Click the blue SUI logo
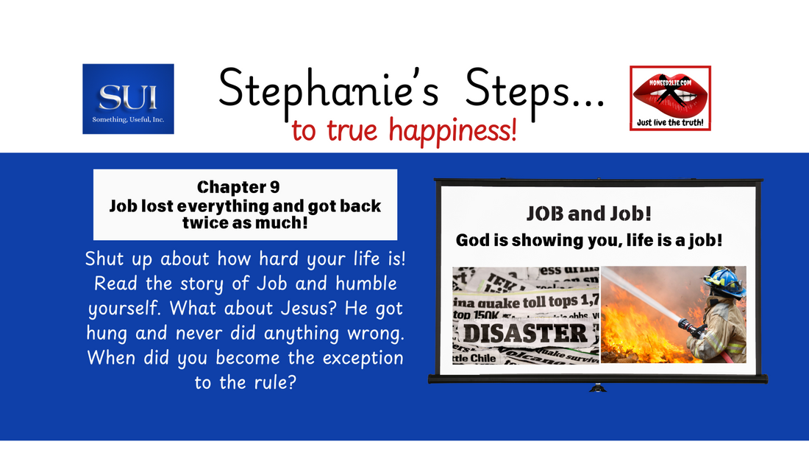[x=128, y=99]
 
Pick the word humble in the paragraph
[x=365, y=283]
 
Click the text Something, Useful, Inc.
[x=128, y=119]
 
